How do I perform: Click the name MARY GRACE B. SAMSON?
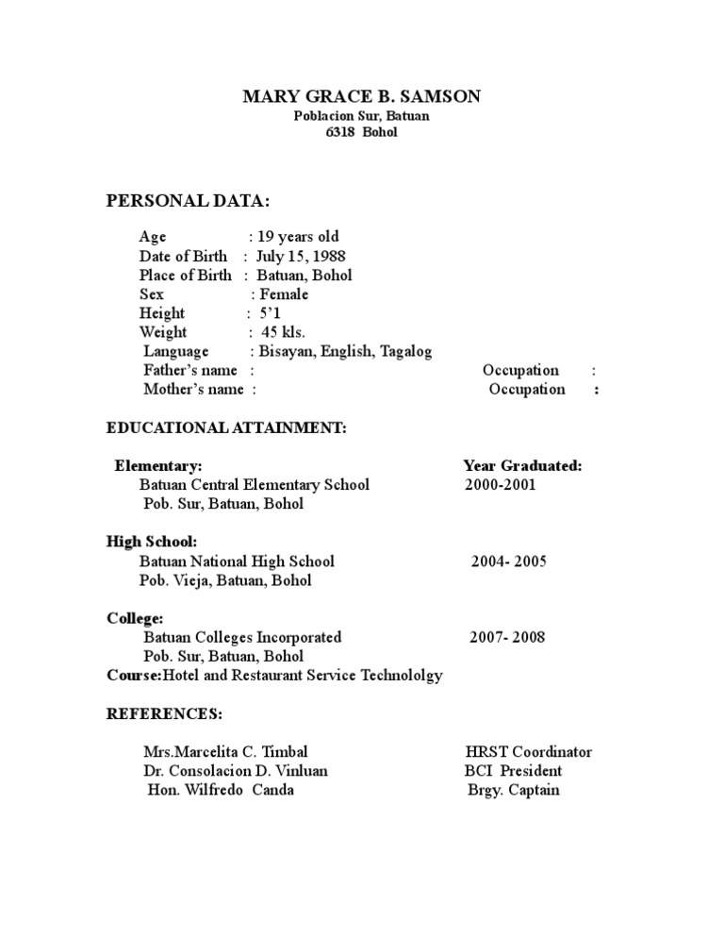pyautogui.click(x=361, y=96)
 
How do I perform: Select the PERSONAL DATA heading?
pyautogui.click(x=187, y=202)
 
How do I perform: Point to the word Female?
pyautogui.click(x=284, y=294)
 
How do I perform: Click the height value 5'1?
pyautogui.click(x=271, y=313)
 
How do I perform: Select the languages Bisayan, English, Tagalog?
pyautogui.click(x=346, y=351)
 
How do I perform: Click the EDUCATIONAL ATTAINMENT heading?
pyautogui.click(x=226, y=428)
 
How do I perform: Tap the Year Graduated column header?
pyautogui.click(x=522, y=466)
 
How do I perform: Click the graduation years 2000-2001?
pyautogui.click(x=500, y=485)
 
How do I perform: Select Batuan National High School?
pyautogui.click(x=237, y=561)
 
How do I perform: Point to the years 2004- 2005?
pyautogui.click(x=508, y=561)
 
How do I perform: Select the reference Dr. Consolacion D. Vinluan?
pyautogui.click(x=236, y=771)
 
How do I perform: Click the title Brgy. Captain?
pyautogui.click(x=513, y=790)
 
